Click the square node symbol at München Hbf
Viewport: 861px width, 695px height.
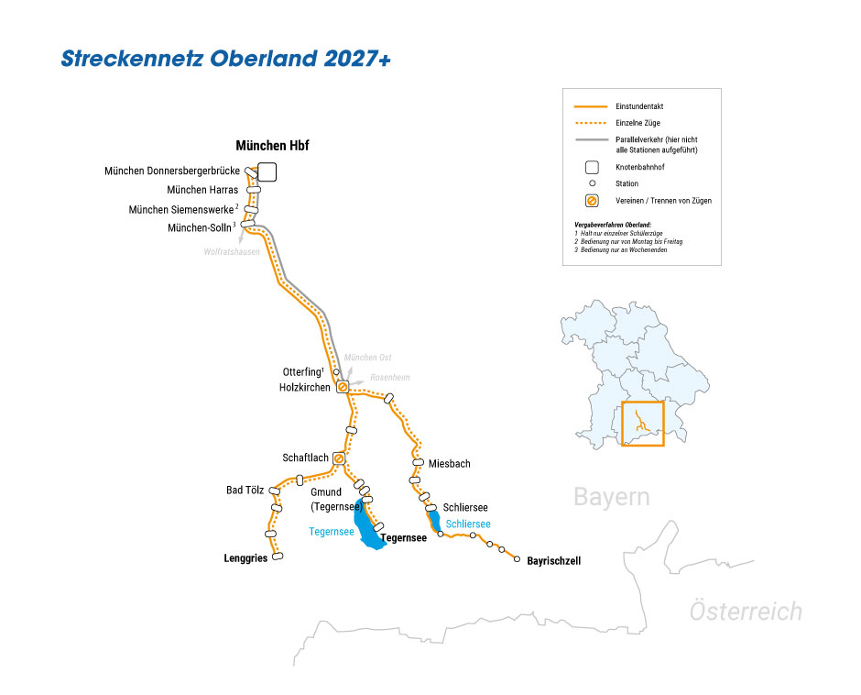click(267, 171)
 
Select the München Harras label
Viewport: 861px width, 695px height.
click(202, 190)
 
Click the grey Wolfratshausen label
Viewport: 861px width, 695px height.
click(232, 251)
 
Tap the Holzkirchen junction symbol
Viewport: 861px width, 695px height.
click(343, 387)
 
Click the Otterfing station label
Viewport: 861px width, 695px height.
click(301, 372)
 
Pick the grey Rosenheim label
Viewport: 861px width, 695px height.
click(389, 378)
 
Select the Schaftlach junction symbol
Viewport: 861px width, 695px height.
click(339, 458)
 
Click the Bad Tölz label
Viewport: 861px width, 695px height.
click(245, 491)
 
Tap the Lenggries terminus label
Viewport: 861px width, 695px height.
click(245, 557)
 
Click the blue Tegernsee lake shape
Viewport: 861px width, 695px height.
click(369, 532)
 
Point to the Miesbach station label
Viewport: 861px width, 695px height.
click(449, 464)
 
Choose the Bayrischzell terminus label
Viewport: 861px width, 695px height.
click(554, 560)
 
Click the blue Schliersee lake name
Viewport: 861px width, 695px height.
click(468, 524)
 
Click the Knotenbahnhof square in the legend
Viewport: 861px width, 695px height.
click(593, 167)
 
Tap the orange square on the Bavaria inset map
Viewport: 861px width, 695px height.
click(642, 424)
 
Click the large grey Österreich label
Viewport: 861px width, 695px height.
click(746, 612)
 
